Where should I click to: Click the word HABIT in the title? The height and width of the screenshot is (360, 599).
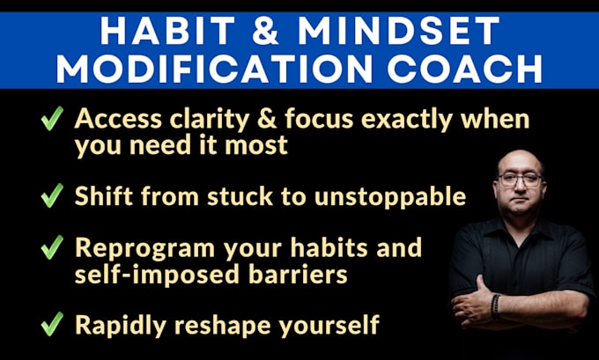(167, 31)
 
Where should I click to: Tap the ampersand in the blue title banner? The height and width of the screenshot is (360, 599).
(266, 31)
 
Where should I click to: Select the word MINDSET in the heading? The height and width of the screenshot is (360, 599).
(398, 31)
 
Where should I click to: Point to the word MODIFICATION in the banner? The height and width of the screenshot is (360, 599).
(214, 69)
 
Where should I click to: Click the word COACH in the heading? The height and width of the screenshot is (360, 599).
(465, 69)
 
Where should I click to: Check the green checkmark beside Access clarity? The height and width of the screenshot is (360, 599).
(52, 118)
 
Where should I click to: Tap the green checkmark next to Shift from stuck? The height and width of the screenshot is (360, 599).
(52, 195)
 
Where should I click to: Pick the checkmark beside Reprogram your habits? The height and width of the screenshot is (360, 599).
(52, 247)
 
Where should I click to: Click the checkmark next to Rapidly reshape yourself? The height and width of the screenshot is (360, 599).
(52, 324)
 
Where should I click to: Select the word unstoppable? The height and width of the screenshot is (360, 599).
(390, 197)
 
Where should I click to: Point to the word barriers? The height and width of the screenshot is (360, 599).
(298, 274)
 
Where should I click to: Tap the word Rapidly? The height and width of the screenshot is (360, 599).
(121, 326)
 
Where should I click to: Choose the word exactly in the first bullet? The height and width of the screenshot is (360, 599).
(407, 120)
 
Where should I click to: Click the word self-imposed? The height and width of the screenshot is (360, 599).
(157, 275)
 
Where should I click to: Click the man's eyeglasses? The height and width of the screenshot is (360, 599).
(521, 180)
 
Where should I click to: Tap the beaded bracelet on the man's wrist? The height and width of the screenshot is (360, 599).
(495, 306)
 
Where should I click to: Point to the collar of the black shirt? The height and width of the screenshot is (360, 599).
(521, 228)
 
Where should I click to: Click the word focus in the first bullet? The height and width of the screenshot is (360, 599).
(319, 119)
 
